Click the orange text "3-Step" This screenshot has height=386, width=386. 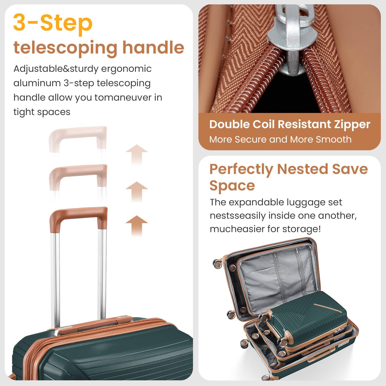[x=53, y=23]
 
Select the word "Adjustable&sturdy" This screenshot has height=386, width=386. [x=56, y=69]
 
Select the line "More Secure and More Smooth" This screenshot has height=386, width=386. [x=280, y=139]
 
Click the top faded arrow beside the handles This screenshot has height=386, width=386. [x=137, y=154]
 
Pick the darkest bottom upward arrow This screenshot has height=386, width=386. [x=137, y=225]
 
